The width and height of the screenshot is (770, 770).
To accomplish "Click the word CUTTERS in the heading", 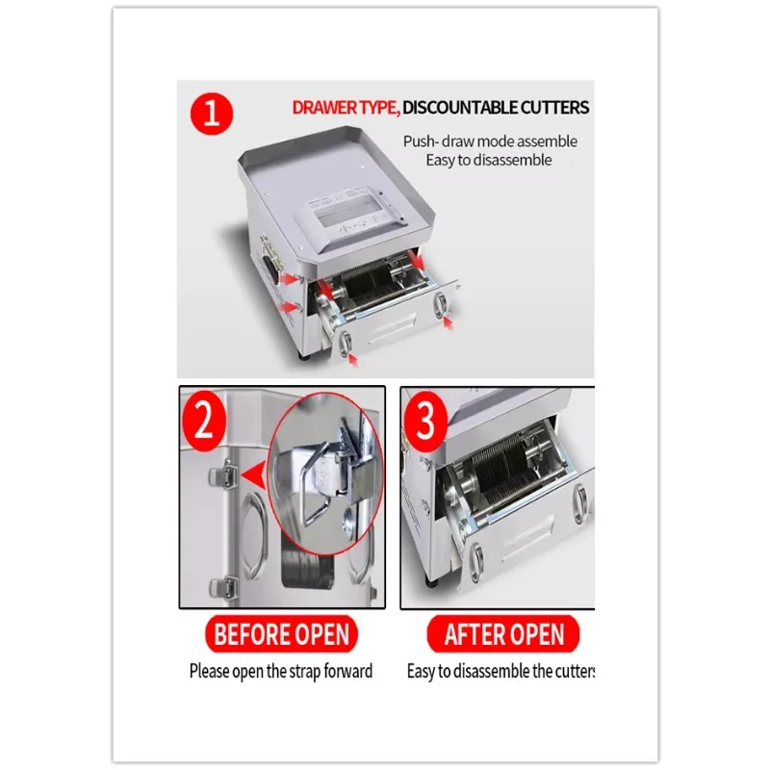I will (x=555, y=108).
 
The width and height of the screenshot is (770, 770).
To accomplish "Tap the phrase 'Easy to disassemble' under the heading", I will (x=489, y=160).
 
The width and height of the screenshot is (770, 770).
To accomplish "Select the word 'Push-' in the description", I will (x=422, y=141).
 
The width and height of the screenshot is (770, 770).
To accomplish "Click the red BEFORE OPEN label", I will (x=281, y=635).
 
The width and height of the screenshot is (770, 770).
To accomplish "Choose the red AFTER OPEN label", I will (x=504, y=635).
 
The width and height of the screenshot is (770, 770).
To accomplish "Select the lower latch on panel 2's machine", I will (x=224, y=582).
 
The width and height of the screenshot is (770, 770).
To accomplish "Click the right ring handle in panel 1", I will (x=442, y=306).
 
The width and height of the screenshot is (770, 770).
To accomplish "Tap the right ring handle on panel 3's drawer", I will (x=580, y=500).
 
